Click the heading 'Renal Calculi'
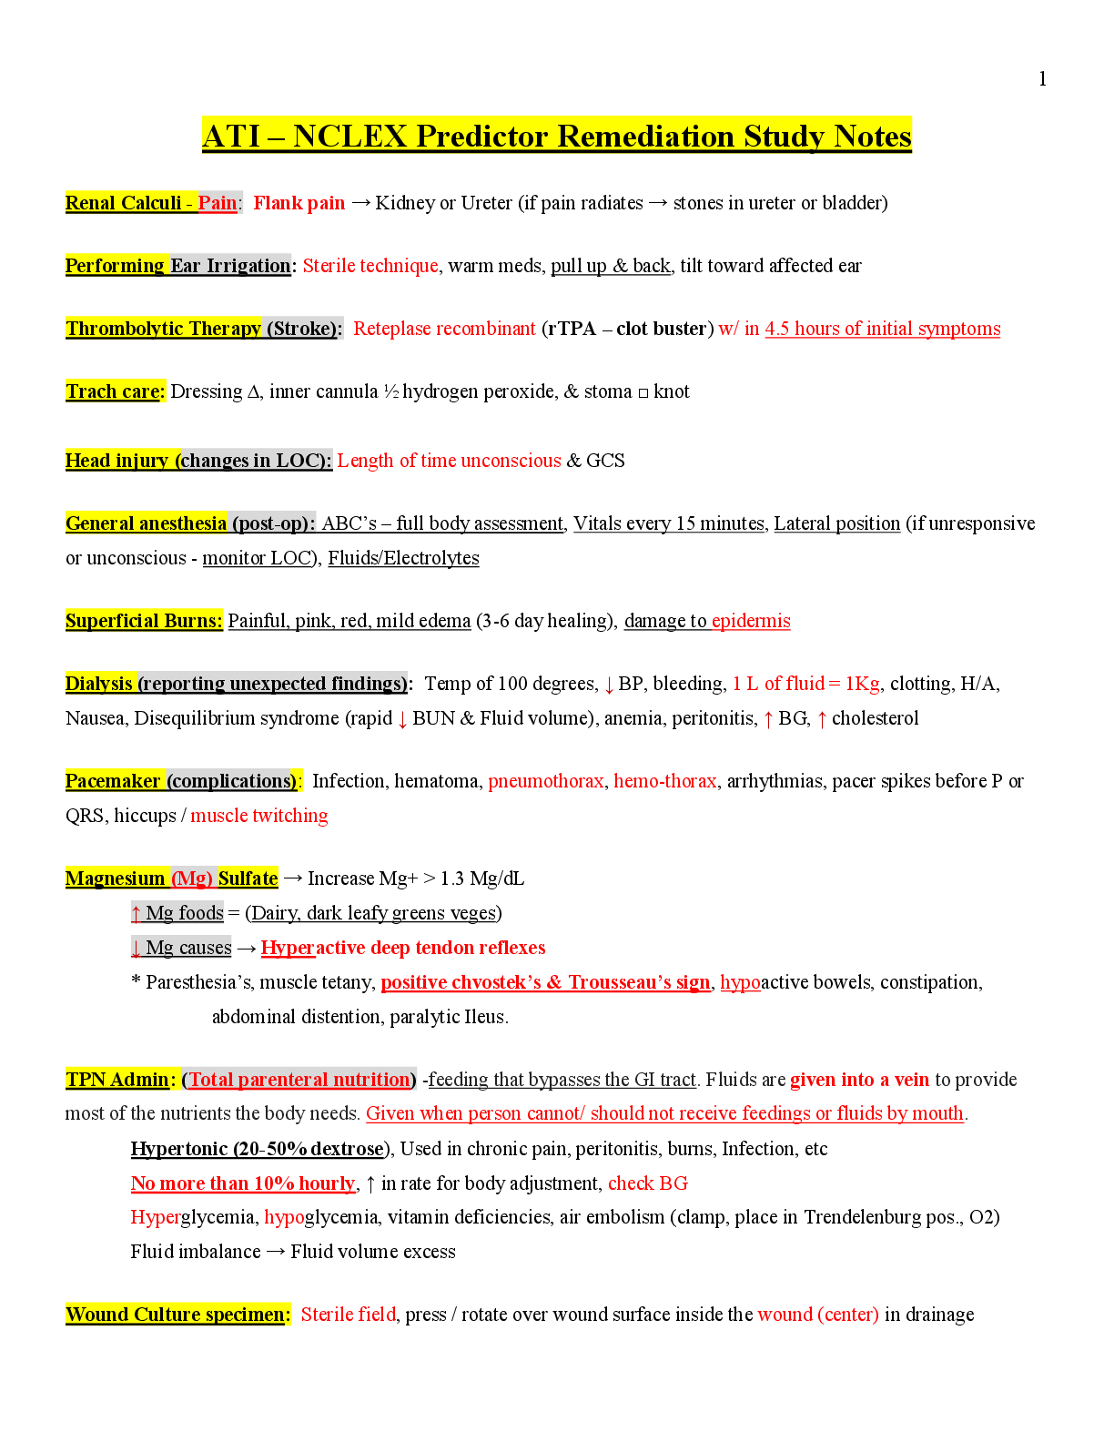[123, 202]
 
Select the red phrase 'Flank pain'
[299, 202]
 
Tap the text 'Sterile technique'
[370, 265]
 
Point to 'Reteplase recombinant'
[445, 328]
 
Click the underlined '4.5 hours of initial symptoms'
[882, 328]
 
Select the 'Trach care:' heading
[115, 391]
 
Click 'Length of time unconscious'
[450, 460]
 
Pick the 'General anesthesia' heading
[146, 523]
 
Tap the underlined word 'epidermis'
[751, 620]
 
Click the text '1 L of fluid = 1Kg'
[806, 683]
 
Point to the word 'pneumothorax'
[545, 780]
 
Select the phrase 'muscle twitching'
[259, 815]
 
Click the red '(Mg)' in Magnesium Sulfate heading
[192, 878]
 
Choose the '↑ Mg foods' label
[177, 912]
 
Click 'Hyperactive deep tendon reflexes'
[403, 947]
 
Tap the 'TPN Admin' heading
[117, 1079]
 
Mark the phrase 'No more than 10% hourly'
[243, 1183]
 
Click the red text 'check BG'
[648, 1183]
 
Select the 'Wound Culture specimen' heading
[176, 1314]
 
